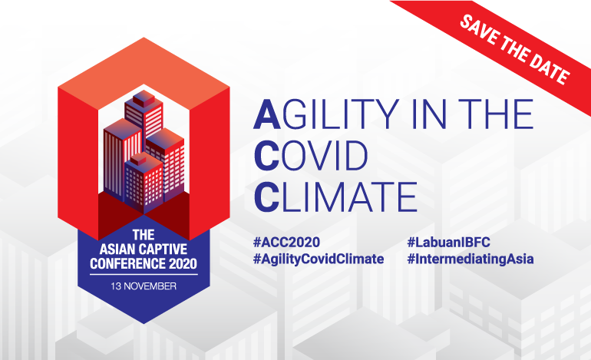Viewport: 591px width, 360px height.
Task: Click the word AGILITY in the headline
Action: coord(326,114)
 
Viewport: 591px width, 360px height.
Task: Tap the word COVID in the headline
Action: coord(311,155)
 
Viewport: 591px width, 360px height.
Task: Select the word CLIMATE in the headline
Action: coord(335,197)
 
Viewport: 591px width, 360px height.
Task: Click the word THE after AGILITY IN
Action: coord(496,114)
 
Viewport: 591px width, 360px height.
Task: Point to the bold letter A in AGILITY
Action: coord(267,114)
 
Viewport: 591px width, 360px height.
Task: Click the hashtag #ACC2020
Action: coord(287,242)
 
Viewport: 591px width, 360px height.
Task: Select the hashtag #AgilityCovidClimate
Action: coord(319,259)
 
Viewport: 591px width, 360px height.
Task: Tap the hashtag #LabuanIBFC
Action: coord(448,242)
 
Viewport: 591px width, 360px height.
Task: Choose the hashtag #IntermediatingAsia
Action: coord(470,259)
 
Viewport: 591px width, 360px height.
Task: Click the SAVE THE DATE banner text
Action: coord(515,49)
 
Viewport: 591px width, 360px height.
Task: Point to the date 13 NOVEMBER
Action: coord(144,286)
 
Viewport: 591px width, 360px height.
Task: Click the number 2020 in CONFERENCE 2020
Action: coord(183,263)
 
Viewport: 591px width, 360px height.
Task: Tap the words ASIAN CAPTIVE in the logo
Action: coord(144,249)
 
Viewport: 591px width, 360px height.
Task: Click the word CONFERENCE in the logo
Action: coord(127,263)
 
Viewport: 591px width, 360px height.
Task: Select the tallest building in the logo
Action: coord(144,113)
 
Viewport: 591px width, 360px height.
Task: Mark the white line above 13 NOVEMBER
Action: coord(144,275)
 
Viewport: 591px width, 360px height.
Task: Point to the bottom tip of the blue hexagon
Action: coord(144,323)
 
